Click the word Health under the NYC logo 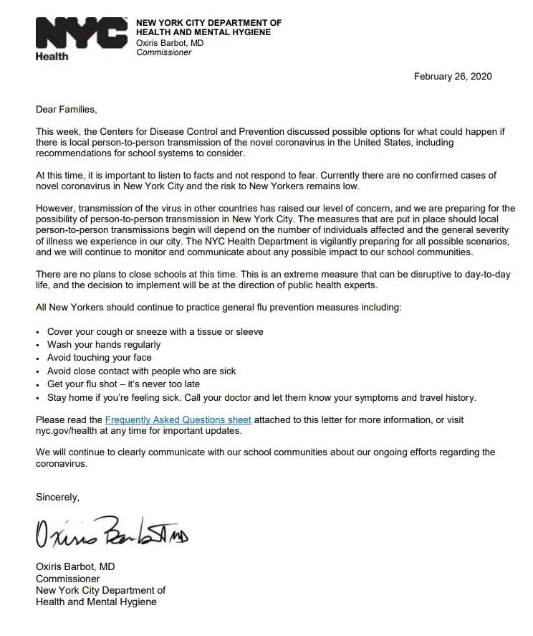pyautogui.click(x=52, y=57)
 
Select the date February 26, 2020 pyautogui.click(x=453, y=77)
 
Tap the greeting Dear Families pyautogui.click(x=66, y=110)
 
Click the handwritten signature pyautogui.click(x=112, y=531)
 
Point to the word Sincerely pyautogui.click(x=58, y=496)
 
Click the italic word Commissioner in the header pyautogui.click(x=164, y=52)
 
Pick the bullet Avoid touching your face pyautogui.click(x=100, y=358)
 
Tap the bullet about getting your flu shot pyautogui.click(x=123, y=384)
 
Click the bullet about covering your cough pyautogui.click(x=155, y=331)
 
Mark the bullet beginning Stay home pyautogui.click(x=261, y=397)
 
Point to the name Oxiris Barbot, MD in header pyautogui.click(x=171, y=43)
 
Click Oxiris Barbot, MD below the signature pyautogui.click(x=75, y=566)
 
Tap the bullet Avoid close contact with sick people pyautogui.click(x=141, y=371)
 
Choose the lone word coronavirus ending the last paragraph pyautogui.click(x=62, y=463)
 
